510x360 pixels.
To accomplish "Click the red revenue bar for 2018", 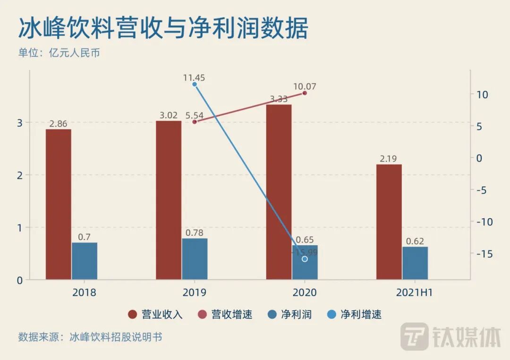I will tap(59, 204).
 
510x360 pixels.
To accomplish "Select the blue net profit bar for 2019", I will tap(195, 258).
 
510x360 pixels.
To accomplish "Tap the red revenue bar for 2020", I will tap(279, 192).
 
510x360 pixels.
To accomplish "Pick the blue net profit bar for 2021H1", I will tap(415, 263).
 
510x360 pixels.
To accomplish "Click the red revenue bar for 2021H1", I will tap(389, 222).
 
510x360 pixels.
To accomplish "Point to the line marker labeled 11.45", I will tap(195, 85).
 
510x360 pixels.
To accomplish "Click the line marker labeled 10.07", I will tap(305, 93).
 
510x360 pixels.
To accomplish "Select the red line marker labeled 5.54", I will tap(195, 122).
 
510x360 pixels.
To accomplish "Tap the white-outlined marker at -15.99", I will tap(305, 259).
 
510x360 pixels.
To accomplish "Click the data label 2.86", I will tap(59, 124).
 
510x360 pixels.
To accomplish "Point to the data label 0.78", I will tap(195, 233).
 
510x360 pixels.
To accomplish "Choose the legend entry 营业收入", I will tap(156, 315).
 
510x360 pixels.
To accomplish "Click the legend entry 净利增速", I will tap(355, 315).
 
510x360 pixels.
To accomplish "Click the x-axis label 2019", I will tap(195, 292).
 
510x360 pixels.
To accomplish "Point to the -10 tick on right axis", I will tap(482, 222).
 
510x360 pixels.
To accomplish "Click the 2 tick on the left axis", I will tap(20, 175).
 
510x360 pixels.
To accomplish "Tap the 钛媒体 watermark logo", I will tap(450, 337).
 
